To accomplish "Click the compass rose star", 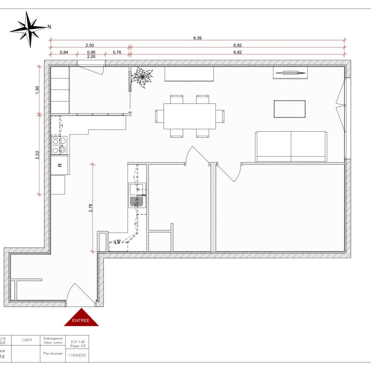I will (29, 29).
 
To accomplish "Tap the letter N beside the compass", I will (49, 26).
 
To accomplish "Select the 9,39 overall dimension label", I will (198, 38).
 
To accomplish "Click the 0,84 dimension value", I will (64, 52).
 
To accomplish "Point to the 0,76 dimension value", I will (117, 52).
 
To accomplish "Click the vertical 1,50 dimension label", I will (38, 90).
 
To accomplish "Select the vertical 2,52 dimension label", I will (38, 155).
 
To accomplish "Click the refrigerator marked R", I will (60, 165).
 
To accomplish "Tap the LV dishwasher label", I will (118, 242).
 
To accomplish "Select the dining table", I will (189, 116).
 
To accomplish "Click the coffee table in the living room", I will (289, 109).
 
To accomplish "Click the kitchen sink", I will (138, 195).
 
